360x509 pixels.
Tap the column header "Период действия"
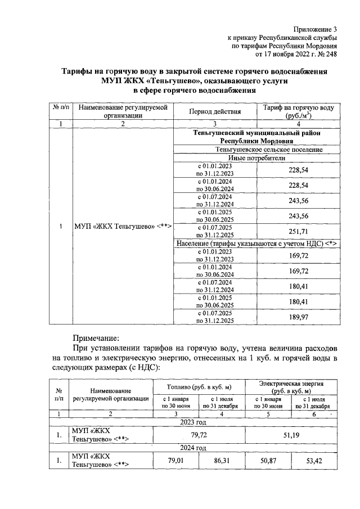point(214,111)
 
